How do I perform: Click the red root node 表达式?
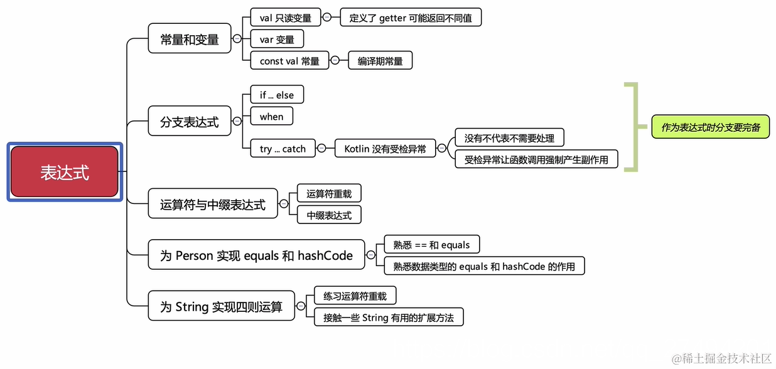(65, 172)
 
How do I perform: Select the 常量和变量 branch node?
(189, 39)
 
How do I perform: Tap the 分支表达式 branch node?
(189, 121)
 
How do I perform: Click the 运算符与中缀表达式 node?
(213, 205)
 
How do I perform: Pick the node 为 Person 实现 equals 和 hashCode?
(256, 255)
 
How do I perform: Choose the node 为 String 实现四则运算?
(221, 306)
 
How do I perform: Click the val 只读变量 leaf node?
(285, 18)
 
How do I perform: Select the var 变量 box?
(277, 39)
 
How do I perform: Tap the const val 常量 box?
(289, 61)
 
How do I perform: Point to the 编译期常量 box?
(380, 61)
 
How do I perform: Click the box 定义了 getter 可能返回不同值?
(411, 18)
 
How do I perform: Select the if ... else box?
(276, 95)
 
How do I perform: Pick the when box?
(271, 116)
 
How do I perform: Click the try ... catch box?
(283, 149)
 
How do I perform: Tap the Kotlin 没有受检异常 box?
(385, 149)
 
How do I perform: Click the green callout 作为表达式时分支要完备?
(710, 127)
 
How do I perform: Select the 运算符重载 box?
(329, 194)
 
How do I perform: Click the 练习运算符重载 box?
(355, 296)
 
